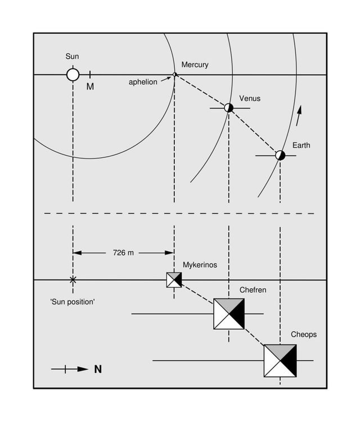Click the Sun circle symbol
(73, 74)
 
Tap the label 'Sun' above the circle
(72, 56)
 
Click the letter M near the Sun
(90, 87)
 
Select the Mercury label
(195, 65)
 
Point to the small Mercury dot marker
(174, 74)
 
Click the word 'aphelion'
(143, 82)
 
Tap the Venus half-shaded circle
(228, 107)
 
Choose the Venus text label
(250, 98)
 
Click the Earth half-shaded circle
(280, 155)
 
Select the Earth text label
(301, 146)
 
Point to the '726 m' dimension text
(123, 253)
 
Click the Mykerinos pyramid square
(174, 279)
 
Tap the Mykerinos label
(200, 265)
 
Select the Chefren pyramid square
(228, 314)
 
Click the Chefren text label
(253, 290)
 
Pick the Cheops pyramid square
(280, 360)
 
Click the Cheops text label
(304, 334)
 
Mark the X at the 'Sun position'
(73, 279)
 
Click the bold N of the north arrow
(98, 369)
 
